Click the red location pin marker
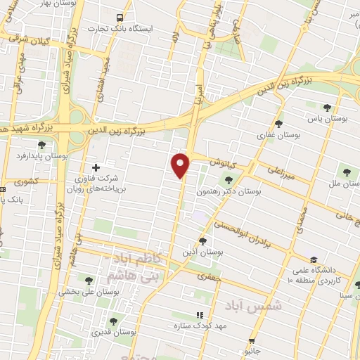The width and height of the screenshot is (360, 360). pos(181,165)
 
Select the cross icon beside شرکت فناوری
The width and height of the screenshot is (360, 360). pos(96,167)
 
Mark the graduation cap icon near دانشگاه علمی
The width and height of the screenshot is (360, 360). pos(313,259)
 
